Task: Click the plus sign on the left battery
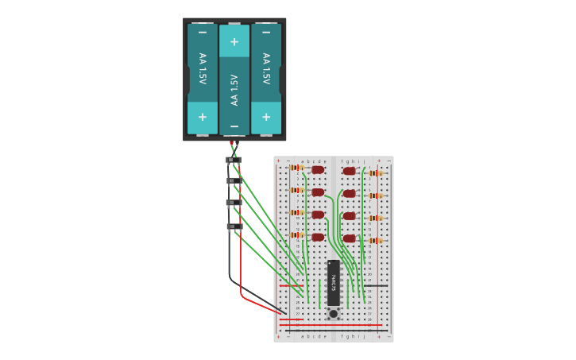click(x=202, y=117)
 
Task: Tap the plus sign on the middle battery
click(x=234, y=42)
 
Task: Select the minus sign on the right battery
click(x=265, y=33)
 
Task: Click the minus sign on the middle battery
click(x=234, y=126)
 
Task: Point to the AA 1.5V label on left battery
click(x=202, y=69)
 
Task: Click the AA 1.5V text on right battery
click(x=265, y=69)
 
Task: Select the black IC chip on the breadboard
click(x=333, y=282)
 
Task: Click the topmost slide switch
click(x=234, y=160)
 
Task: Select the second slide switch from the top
click(x=234, y=180)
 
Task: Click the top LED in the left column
click(x=318, y=169)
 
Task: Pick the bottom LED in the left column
click(x=318, y=237)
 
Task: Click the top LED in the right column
click(x=349, y=171)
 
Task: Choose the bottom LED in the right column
click(x=349, y=238)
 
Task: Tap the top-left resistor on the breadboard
click(x=297, y=168)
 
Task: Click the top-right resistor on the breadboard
click(x=375, y=172)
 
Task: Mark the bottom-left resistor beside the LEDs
click(x=297, y=234)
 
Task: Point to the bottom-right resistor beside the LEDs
click(x=375, y=240)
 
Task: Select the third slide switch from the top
click(x=234, y=203)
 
